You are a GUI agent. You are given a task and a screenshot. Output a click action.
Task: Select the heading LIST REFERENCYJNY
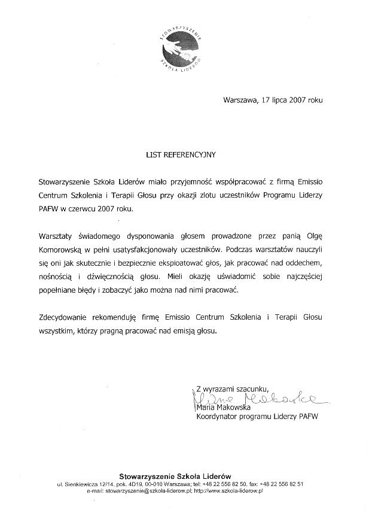point(181,154)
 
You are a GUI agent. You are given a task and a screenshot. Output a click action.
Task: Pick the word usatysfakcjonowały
point(151,250)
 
